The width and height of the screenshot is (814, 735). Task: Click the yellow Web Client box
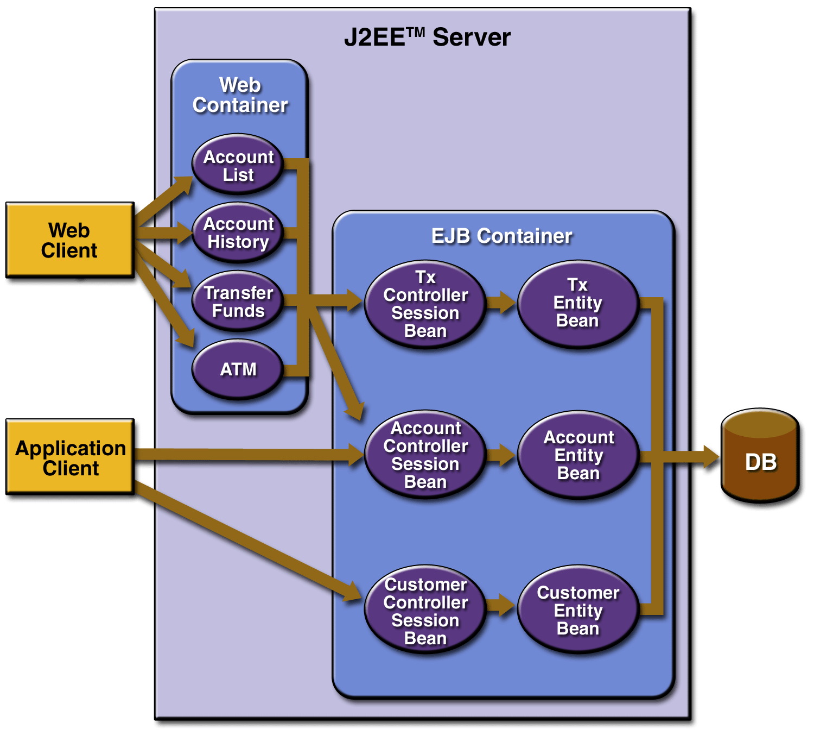coord(69,240)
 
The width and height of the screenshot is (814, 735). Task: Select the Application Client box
coord(70,457)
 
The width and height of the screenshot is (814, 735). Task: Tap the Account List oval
coord(238,165)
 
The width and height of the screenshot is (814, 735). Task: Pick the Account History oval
coord(238,233)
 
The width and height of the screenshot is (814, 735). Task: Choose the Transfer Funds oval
coord(238,301)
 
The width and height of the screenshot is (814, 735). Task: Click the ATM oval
coord(238,369)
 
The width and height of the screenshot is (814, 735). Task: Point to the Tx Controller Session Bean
coord(425,304)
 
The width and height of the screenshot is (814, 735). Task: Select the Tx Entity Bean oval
coord(578,303)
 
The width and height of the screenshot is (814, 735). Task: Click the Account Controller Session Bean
coord(425,455)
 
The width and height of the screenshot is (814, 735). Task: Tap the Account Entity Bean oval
coord(578,455)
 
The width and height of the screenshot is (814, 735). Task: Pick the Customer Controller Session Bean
coord(425,611)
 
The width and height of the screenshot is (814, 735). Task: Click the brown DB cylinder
coord(760,456)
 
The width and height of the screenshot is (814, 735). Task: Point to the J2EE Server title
coord(427,37)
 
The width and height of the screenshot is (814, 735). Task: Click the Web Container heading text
coord(240,95)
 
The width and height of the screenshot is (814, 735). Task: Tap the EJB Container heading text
coord(501,236)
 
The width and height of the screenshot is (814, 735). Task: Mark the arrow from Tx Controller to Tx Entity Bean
coord(501,302)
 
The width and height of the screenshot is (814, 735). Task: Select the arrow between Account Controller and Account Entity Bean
coord(500,455)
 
